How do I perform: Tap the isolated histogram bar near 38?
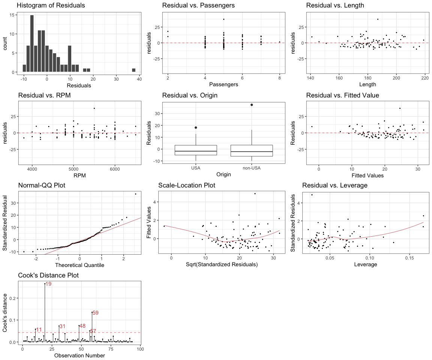tap(133, 70)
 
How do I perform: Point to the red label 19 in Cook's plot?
tap(48, 284)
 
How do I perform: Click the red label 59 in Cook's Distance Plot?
tap(95, 313)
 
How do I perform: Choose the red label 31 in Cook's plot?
tap(63, 326)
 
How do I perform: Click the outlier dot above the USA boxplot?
tap(196, 127)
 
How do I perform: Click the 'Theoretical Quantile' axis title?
tap(79, 265)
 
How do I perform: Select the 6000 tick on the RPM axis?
tap(115, 169)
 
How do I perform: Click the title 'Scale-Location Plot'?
tap(187, 185)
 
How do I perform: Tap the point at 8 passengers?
tap(280, 42)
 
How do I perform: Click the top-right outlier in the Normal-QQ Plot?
tap(135, 194)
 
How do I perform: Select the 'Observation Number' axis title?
tap(79, 355)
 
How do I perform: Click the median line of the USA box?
tap(196, 151)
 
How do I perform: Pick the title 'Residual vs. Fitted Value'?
tap(342, 95)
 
